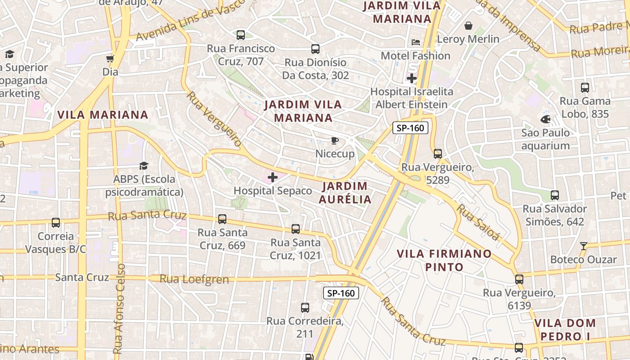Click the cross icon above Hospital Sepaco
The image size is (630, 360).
point(273,177)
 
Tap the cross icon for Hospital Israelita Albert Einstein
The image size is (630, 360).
point(411,78)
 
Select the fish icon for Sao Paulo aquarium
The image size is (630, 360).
point(545,119)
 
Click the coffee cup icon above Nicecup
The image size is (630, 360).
point(334,140)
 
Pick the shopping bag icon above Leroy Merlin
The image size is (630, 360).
point(468,26)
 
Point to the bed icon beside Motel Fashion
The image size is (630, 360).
point(416,42)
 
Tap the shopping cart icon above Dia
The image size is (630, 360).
point(110,58)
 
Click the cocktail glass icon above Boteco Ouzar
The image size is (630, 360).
point(584,246)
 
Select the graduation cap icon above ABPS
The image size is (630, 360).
point(144,166)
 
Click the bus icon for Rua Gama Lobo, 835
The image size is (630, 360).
point(585,88)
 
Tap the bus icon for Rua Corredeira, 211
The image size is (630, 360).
point(305,308)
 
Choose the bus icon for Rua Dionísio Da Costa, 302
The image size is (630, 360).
point(315,49)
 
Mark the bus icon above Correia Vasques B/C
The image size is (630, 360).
point(56,222)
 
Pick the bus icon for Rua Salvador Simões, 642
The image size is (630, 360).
point(555,195)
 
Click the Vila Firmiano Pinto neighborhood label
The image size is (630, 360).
point(444,260)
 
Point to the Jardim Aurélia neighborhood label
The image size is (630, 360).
point(346,193)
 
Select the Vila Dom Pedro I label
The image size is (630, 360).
point(565,329)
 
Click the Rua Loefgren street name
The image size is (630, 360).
point(194,279)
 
